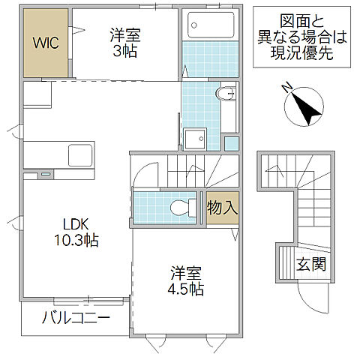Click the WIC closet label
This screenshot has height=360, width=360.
tap(45, 43)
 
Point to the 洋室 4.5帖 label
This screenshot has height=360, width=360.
tap(185, 280)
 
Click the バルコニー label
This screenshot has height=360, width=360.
tap(76, 318)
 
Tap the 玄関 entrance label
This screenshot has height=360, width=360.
tap(310, 264)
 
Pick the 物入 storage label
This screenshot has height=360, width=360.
tap(223, 208)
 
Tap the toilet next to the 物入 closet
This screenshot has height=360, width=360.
tap(180, 208)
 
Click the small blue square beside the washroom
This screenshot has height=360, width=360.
tap(232, 142)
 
